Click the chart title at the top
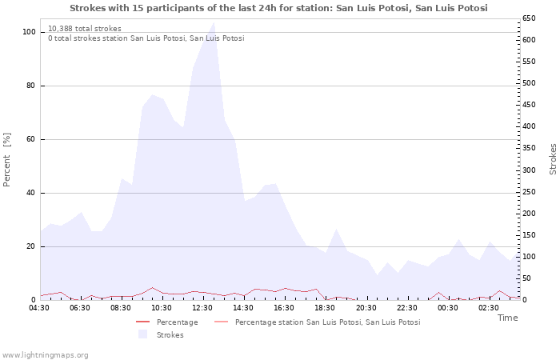click(278, 8)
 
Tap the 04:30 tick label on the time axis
click(40, 307)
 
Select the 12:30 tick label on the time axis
click(203, 307)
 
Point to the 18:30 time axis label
click(325, 307)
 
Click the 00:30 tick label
click(448, 307)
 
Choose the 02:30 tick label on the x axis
click(489, 307)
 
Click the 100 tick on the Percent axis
click(29, 32)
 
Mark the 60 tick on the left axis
click(31, 139)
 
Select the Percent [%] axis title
click(7, 160)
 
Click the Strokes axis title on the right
click(553, 159)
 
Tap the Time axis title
click(507, 318)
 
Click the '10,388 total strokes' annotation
click(85, 28)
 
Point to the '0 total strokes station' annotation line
click(146, 38)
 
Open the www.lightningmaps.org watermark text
click(45, 354)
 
